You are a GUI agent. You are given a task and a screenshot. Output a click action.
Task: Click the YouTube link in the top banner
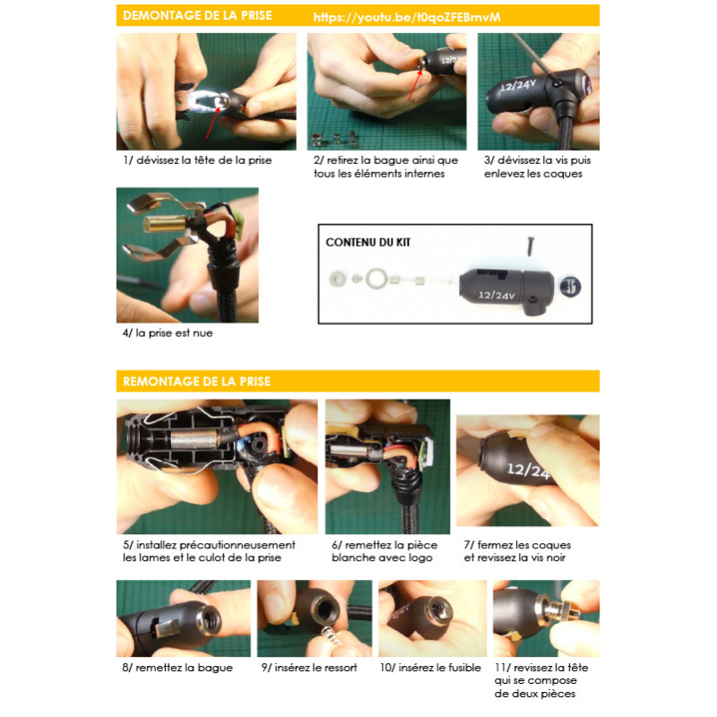pyautogui.click(x=407, y=17)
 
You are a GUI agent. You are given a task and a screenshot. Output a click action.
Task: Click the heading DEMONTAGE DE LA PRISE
pyautogui.click(x=197, y=15)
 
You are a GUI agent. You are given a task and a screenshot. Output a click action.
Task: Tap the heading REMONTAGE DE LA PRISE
pyautogui.click(x=196, y=382)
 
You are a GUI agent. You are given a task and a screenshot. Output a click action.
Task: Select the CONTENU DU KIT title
pyautogui.click(x=367, y=242)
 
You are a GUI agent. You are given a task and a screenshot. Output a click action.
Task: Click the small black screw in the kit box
pyautogui.click(x=531, y=246)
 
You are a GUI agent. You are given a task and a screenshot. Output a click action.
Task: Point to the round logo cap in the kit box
pyautogui.click(x=570, y=287)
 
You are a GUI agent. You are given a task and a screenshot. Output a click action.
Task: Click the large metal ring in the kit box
pyautogui.click(x=376, y=279)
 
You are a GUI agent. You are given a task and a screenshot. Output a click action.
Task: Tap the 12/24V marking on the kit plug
pyautogui.click(x=497, y=295)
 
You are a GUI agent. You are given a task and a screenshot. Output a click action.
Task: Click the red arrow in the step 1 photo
pyautogui.click(x=212, y=122)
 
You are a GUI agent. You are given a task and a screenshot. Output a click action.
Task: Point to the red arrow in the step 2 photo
pyautogui.click(x=414, y=84)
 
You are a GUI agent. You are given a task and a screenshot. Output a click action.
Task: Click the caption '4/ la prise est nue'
pyautogui.click(x=168, y=333)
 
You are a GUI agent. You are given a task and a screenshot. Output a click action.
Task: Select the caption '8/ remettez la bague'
pyautogui.click(x=177, y=668)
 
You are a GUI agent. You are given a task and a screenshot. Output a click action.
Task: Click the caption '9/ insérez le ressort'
pyautogui.click(x=309, y=668)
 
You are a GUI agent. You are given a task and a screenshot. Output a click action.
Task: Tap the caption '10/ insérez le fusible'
pyautogui.click(x=430, y=668)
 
